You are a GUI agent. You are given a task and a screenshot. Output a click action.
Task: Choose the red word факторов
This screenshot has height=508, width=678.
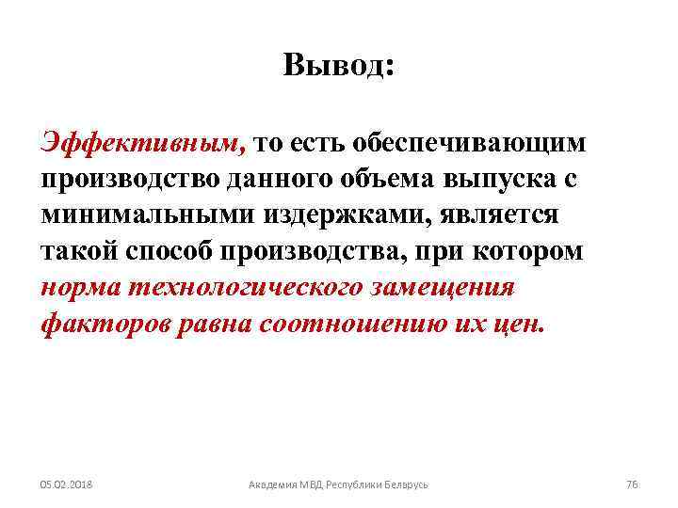pos(101,325)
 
